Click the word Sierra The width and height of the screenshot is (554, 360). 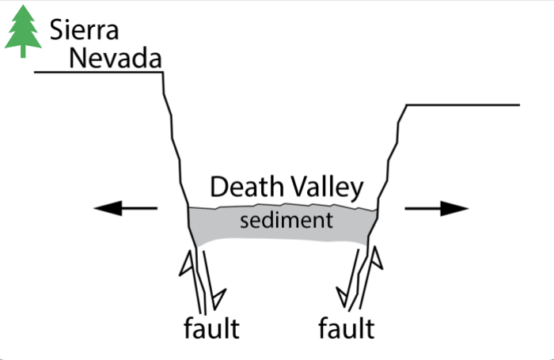(x=84, y=29)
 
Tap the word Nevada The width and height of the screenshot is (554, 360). (x=116, y=57)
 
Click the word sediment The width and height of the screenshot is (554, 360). (x=286, y=219)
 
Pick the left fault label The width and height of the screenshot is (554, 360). (x=210, y=326)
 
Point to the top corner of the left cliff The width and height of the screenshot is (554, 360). (x=163, y=73)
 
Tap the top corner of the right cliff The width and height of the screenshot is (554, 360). (x=406, y=105)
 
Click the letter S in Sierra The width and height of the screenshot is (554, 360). (x=56, y=29)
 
